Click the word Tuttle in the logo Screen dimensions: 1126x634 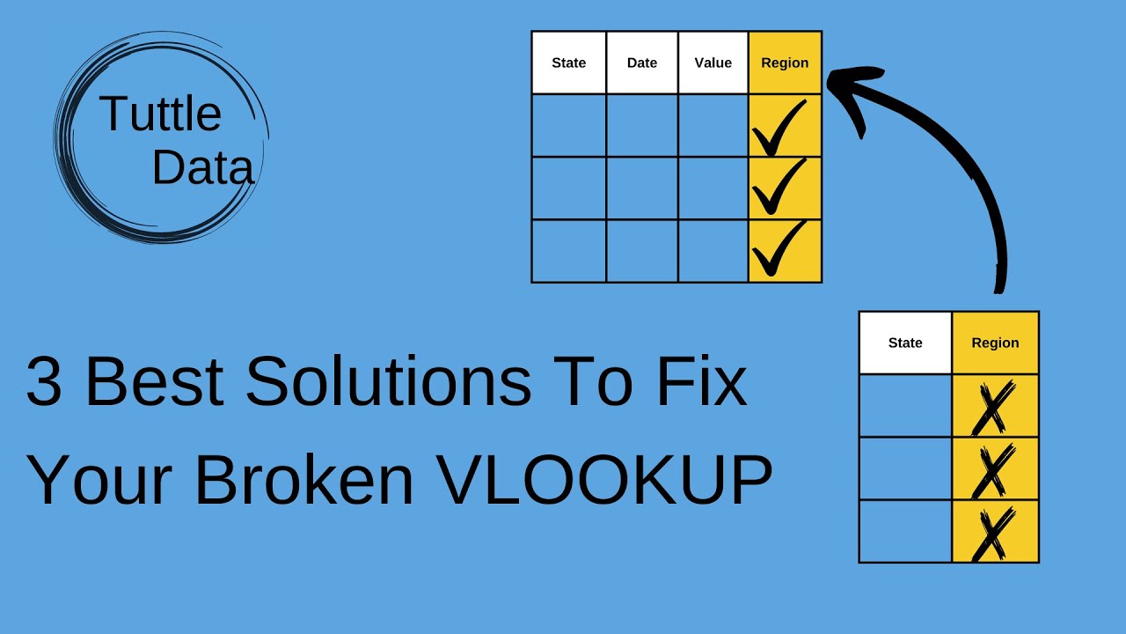(160, 114)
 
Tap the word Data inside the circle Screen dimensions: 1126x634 (202, 167)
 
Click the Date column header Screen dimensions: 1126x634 (642, 63)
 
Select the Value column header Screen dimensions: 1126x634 (713, 63)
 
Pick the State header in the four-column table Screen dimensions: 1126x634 (568, 63)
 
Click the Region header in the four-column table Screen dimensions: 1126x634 (785, 63)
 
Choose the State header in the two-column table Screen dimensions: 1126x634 (905, 343)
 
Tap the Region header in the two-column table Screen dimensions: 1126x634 (995, 343)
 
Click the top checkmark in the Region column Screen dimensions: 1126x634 (779, 128)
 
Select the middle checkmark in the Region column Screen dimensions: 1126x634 (779, 188)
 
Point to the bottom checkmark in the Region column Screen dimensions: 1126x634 (779, 250)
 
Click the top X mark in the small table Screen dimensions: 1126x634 (993, 406)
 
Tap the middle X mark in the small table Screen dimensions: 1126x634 (993, 468)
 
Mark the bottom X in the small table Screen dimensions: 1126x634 (993, 532)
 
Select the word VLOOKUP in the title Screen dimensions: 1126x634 (604, 480)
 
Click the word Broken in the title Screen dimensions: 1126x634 (304, 480)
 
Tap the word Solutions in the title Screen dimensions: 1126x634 (388, 382)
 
